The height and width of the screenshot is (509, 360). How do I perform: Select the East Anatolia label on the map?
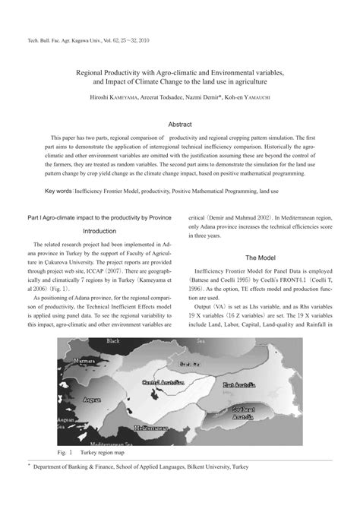[x=241, y=386]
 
